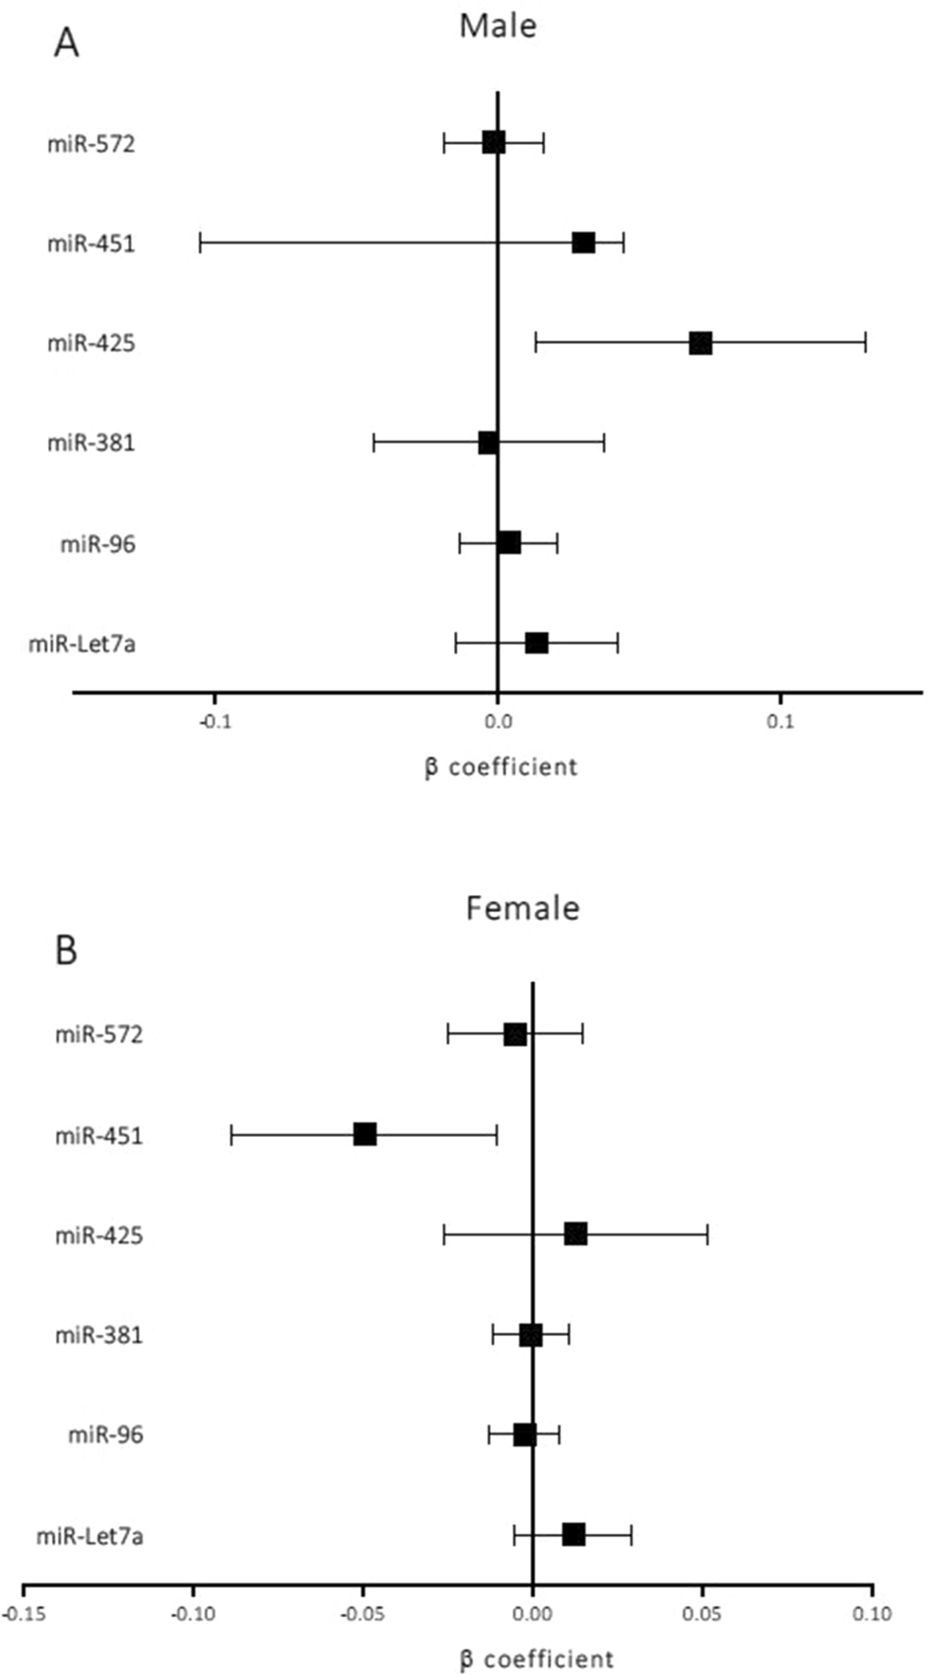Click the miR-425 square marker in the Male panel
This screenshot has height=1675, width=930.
(700, 343)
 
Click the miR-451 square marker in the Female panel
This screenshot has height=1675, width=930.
(365, 1134)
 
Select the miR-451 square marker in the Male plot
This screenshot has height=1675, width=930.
(583, 243)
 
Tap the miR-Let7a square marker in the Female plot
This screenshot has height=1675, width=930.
(573, 1534)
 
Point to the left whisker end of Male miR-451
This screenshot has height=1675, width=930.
(200, 243)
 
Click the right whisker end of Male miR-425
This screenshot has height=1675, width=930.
(865, 343)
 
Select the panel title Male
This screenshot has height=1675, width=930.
(498, 25)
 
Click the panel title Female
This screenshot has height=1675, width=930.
(522, 907)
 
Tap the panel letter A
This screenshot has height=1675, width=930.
(65, 42)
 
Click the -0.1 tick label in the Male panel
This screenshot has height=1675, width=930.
(214, 722)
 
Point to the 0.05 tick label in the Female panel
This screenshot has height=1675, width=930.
(702, 1614)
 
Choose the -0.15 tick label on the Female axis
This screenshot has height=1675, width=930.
(24, 1614)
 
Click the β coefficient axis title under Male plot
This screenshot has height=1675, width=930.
(500, 766)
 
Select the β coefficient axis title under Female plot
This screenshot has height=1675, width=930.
(536, 1658)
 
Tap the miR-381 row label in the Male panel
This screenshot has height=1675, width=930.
(91, 443)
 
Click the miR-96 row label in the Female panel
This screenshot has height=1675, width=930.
(105, 1434)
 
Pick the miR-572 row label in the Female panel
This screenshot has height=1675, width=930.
(99, 1034)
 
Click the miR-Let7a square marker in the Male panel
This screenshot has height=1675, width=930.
(536, 643)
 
